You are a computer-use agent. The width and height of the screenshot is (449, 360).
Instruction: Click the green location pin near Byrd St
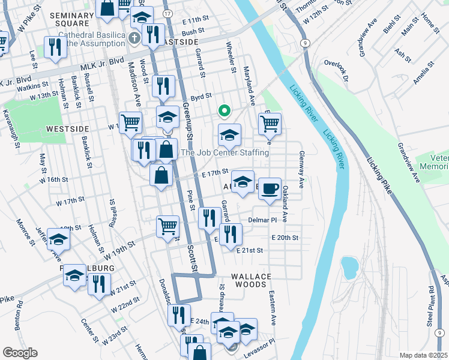(x=224, y=111)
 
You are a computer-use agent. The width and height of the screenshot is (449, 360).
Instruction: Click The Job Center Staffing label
(x=225, y=153)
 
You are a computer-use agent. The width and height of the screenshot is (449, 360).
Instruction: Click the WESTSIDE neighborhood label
(x=67, y=129)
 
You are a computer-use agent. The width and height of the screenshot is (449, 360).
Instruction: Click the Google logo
(x=20, y=353)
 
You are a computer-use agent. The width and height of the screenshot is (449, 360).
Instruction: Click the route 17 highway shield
(x=167, y=13)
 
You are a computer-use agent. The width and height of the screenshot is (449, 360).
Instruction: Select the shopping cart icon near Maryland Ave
(x=270, y=124)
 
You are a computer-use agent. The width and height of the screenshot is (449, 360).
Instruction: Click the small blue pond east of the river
(x=348, y=265)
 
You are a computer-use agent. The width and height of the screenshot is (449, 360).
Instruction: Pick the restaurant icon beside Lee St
(x=55, y=47)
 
